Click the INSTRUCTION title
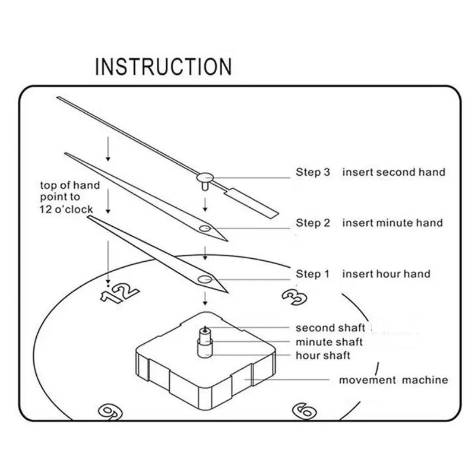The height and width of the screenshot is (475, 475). click(x=163, y=66)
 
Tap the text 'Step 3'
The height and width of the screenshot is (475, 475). click(x=313, y=172)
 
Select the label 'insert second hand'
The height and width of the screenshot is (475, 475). click(x=393, y=172)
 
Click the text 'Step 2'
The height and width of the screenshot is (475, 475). click(x=313, y=223)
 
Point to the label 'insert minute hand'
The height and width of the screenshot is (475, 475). click(x=392, y=223)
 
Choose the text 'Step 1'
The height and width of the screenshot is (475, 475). click(x=312, y=274)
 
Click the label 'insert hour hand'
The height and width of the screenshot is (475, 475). click(x=386, y=274)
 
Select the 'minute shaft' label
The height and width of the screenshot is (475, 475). click(x=329, y=342)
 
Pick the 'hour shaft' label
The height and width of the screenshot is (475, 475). click(x=323, y=356)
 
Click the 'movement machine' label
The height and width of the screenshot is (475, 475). click(x=393, y=380)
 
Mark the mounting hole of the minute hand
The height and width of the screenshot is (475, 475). click(x=205, y=228)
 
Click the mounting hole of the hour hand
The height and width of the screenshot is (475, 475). click(x=205, y=278)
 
